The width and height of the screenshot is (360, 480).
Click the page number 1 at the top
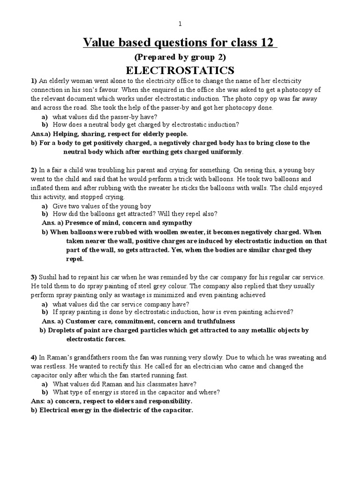[x=180, y=24]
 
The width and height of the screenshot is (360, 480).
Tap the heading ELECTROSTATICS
[x=180, y=70]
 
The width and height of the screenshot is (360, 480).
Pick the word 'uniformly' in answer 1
[x=227, y=152]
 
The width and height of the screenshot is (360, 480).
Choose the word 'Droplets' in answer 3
[x=64, y=330]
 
